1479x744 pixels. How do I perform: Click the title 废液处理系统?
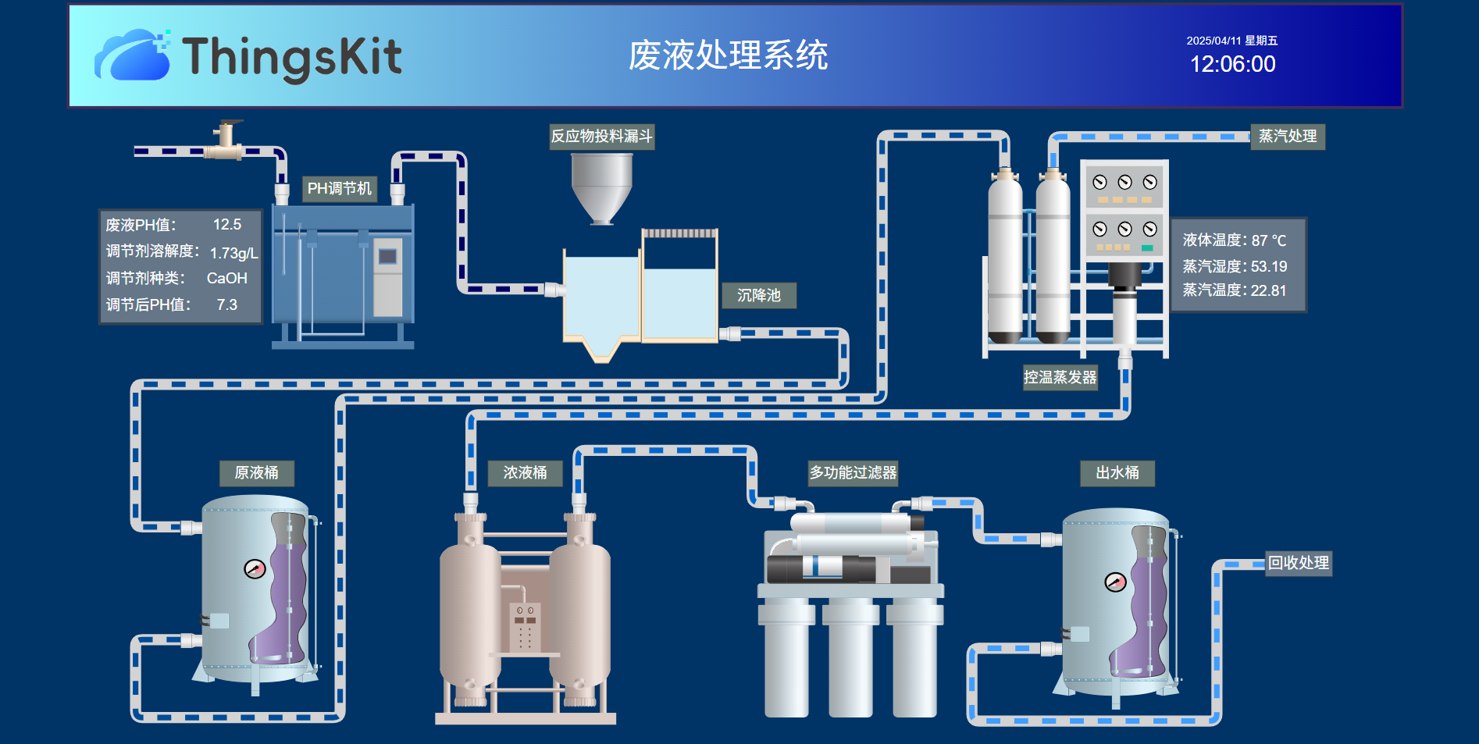(x=728, y=55)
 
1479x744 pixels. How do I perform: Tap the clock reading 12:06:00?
(x=1232, y=64)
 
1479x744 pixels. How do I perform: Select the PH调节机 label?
(x=340, y=188)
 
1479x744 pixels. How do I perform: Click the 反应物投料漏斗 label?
(x=601, y=137)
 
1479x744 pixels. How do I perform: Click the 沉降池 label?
(x=759, y=295)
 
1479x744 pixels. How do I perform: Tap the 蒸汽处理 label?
(x=1288, y=137)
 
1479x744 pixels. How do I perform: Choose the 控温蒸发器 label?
(x=1060, y=377)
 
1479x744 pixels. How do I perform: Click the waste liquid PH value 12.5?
(x=227, y=225)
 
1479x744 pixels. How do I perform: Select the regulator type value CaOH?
(x=227, y=278)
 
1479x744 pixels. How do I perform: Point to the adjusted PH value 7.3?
(x=227, y=304)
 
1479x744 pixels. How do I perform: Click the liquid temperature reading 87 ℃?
(x=1269, y=240)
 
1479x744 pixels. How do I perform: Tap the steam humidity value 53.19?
(x=1269, y=266)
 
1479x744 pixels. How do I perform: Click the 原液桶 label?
(x=257, y=473)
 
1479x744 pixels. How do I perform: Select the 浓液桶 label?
(x=525, y=473)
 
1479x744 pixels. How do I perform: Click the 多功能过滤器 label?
(x=854, y=473)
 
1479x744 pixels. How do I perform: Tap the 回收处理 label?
(x=1299, y=563)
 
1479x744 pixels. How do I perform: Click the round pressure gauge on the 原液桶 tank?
(x=255, y=569)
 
